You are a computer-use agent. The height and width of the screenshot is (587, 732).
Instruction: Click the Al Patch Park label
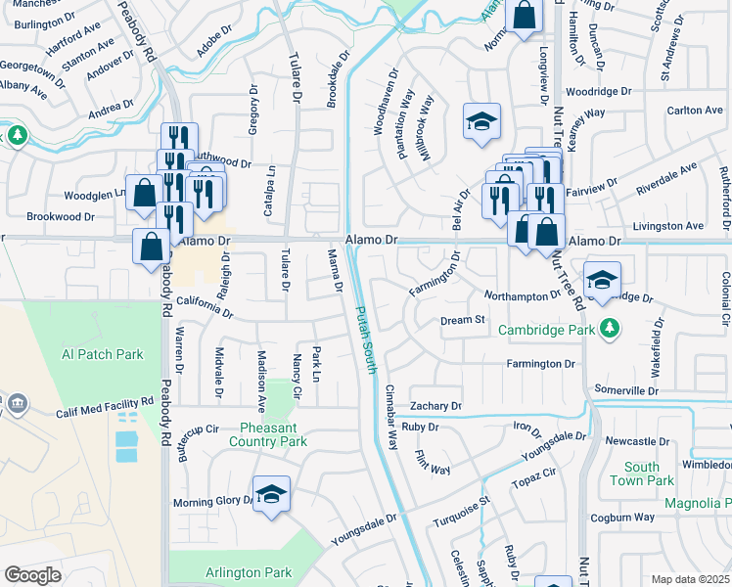[x=102, y=354]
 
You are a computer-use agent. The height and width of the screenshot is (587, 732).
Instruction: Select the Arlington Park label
[x=249, y=572]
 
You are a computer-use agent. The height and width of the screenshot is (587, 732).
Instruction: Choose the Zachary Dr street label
[x=435, y=406]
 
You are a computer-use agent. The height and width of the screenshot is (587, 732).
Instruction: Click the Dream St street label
[x=463, y=320]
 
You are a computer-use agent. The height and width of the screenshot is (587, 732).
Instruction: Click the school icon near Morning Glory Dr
[x=271, y=494]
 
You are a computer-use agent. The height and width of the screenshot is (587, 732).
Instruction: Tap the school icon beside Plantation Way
[x=481, y=122]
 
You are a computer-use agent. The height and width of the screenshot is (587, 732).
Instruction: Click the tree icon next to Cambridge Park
[x=611, y=328]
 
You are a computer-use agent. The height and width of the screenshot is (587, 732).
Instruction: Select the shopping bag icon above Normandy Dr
[x=525, y=16]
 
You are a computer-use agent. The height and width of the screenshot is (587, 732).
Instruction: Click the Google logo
[x=32, y=575]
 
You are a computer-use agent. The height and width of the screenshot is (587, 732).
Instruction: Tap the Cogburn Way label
[x=621, y=517]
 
